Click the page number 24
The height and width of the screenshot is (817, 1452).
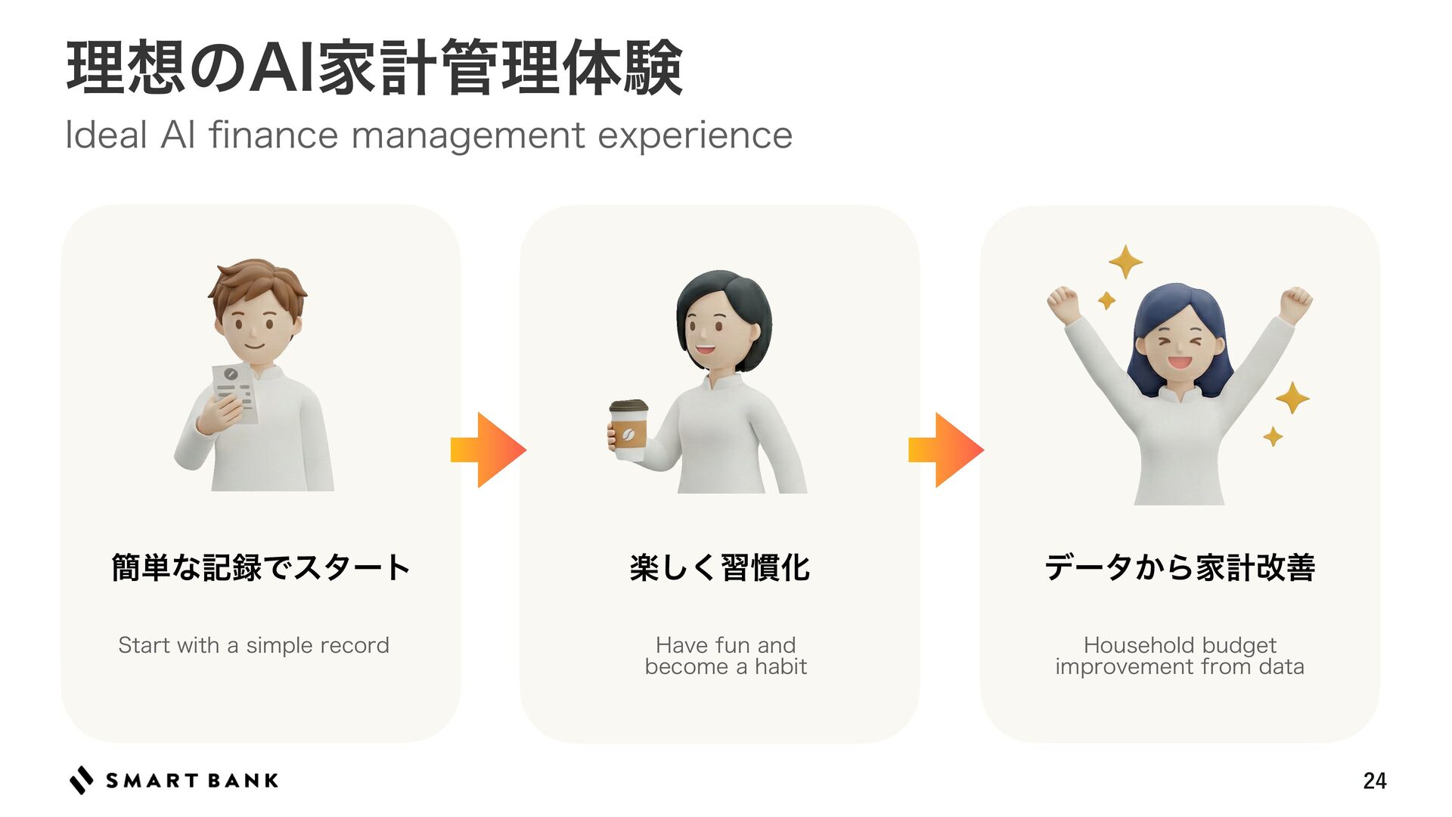(x=1374, y=781)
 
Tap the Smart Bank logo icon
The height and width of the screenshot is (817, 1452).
(x=82, y=780)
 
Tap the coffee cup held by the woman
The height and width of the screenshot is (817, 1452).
(x=628, y=430)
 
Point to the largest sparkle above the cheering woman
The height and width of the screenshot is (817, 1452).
(x=1125, y=262)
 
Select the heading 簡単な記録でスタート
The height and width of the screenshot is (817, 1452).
(x=261, y=567)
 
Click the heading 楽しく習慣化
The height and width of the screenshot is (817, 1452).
(x=720, y=567)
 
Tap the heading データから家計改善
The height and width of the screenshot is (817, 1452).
(x=1180, y=567)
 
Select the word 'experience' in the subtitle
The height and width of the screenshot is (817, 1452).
(x=695, y=136)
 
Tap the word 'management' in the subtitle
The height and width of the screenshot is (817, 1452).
(x=468, y=136)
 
